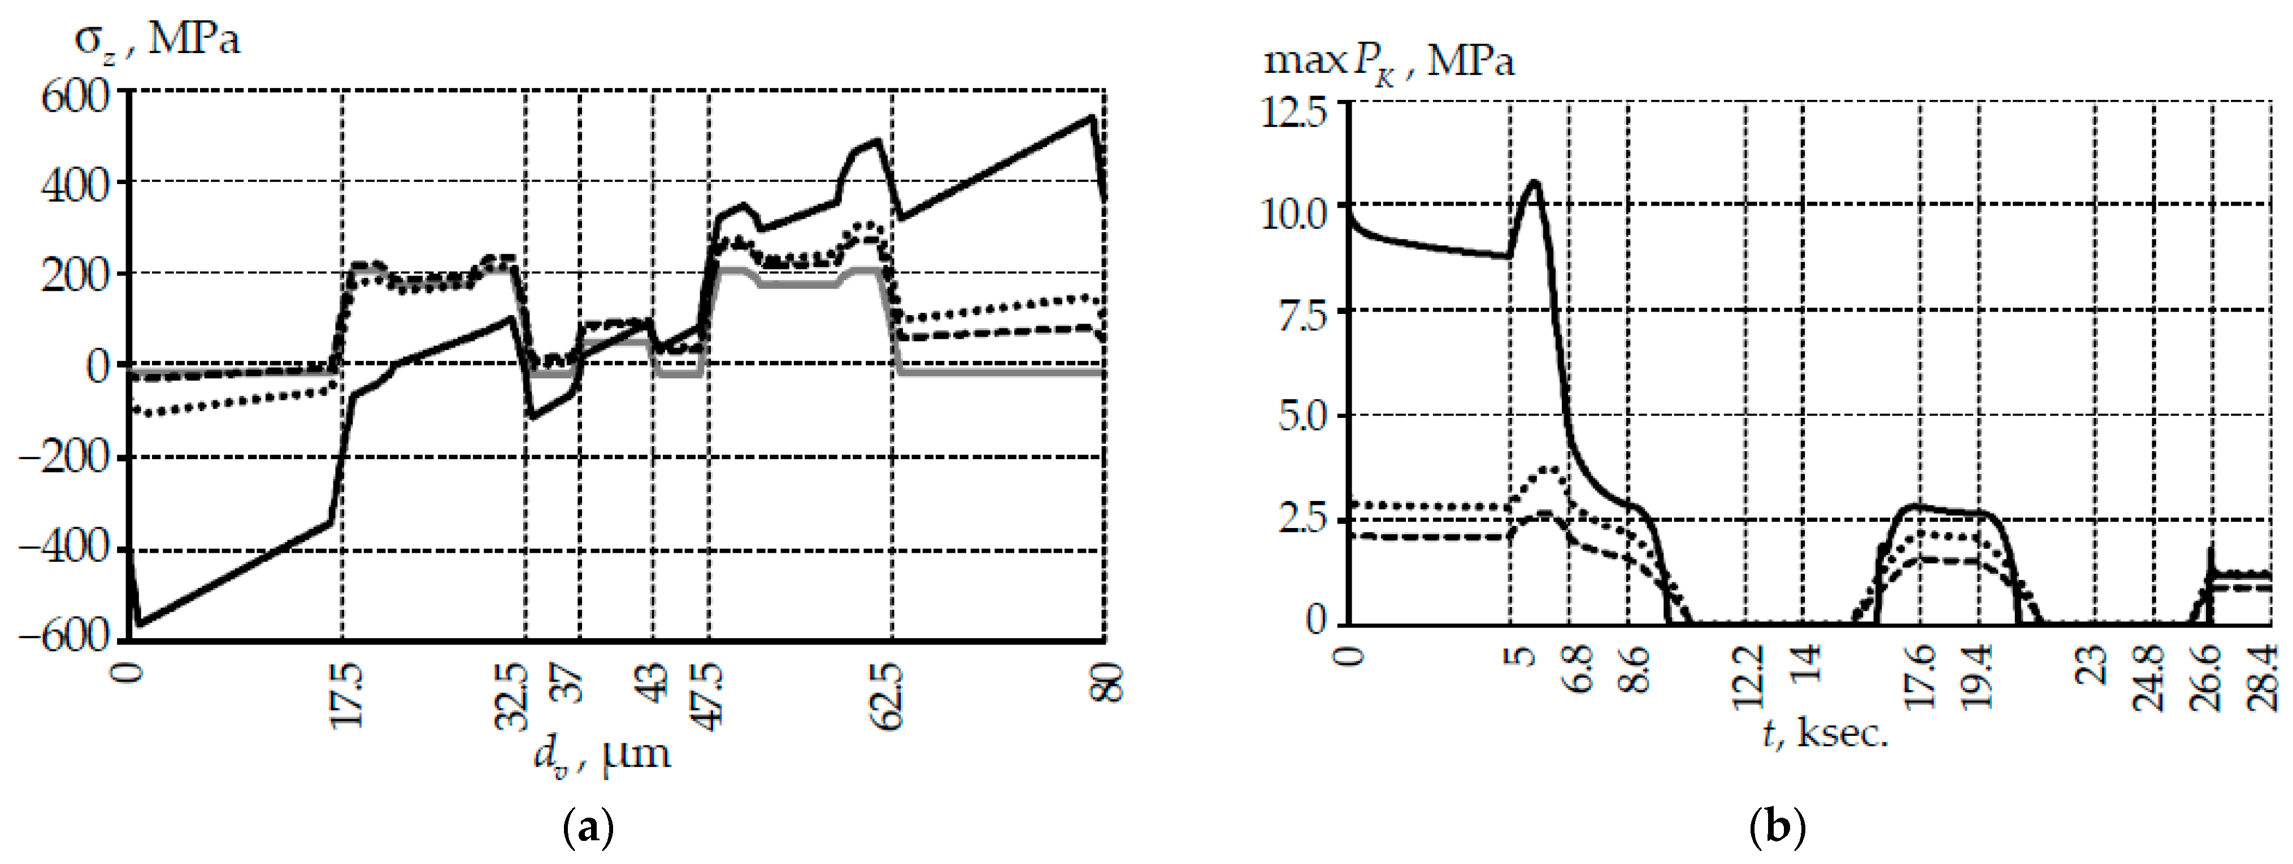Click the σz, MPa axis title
[157, 40]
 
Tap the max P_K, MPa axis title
[1388, 60]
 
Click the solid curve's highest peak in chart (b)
[1534, 182]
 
